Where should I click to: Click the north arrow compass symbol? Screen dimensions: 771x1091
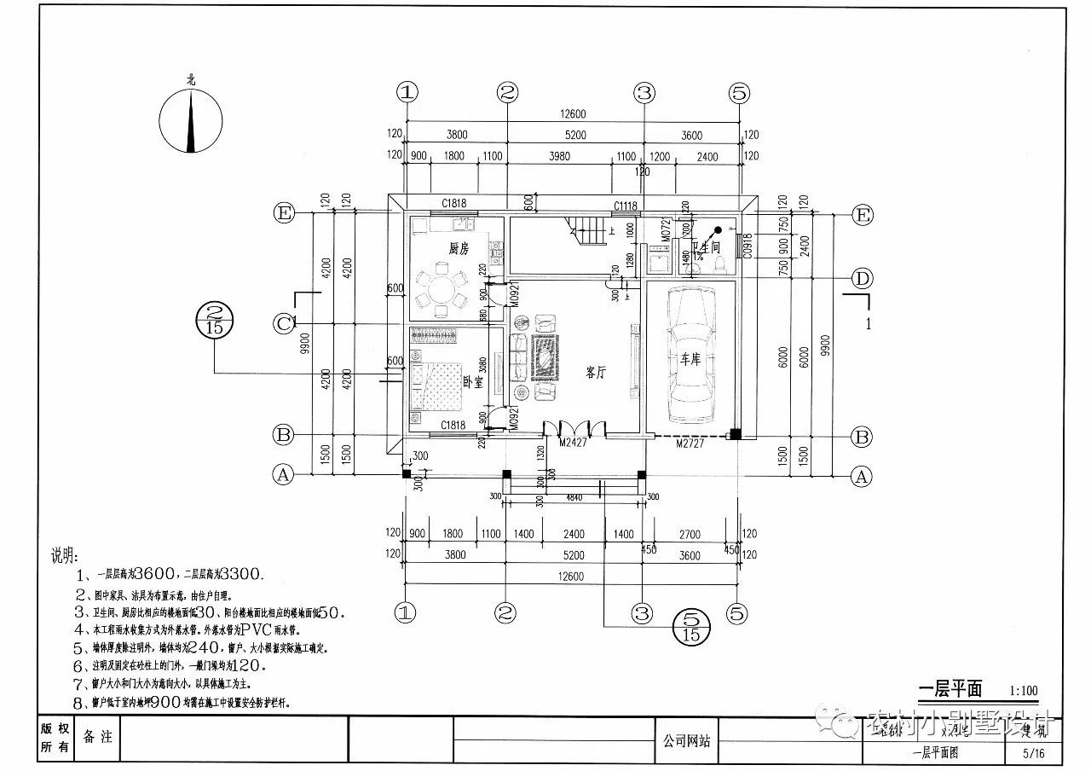coord(191,123)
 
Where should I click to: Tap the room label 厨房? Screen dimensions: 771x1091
coord(459,249)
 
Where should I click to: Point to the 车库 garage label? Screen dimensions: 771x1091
coord(689,359)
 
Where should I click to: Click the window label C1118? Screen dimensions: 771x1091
coord(626,206)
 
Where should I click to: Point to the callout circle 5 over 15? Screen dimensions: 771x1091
coord(691,627)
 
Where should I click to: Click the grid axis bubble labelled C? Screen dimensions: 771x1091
coord(283,323)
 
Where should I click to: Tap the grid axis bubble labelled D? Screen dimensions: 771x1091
coord(863,278)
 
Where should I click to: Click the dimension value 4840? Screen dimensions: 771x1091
coord(574,496)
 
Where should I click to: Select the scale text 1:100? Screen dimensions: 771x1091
coord(1023,691)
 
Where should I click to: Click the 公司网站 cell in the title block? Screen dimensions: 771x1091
coord(686,740)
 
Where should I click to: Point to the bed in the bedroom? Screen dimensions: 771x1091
coord(433,382)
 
